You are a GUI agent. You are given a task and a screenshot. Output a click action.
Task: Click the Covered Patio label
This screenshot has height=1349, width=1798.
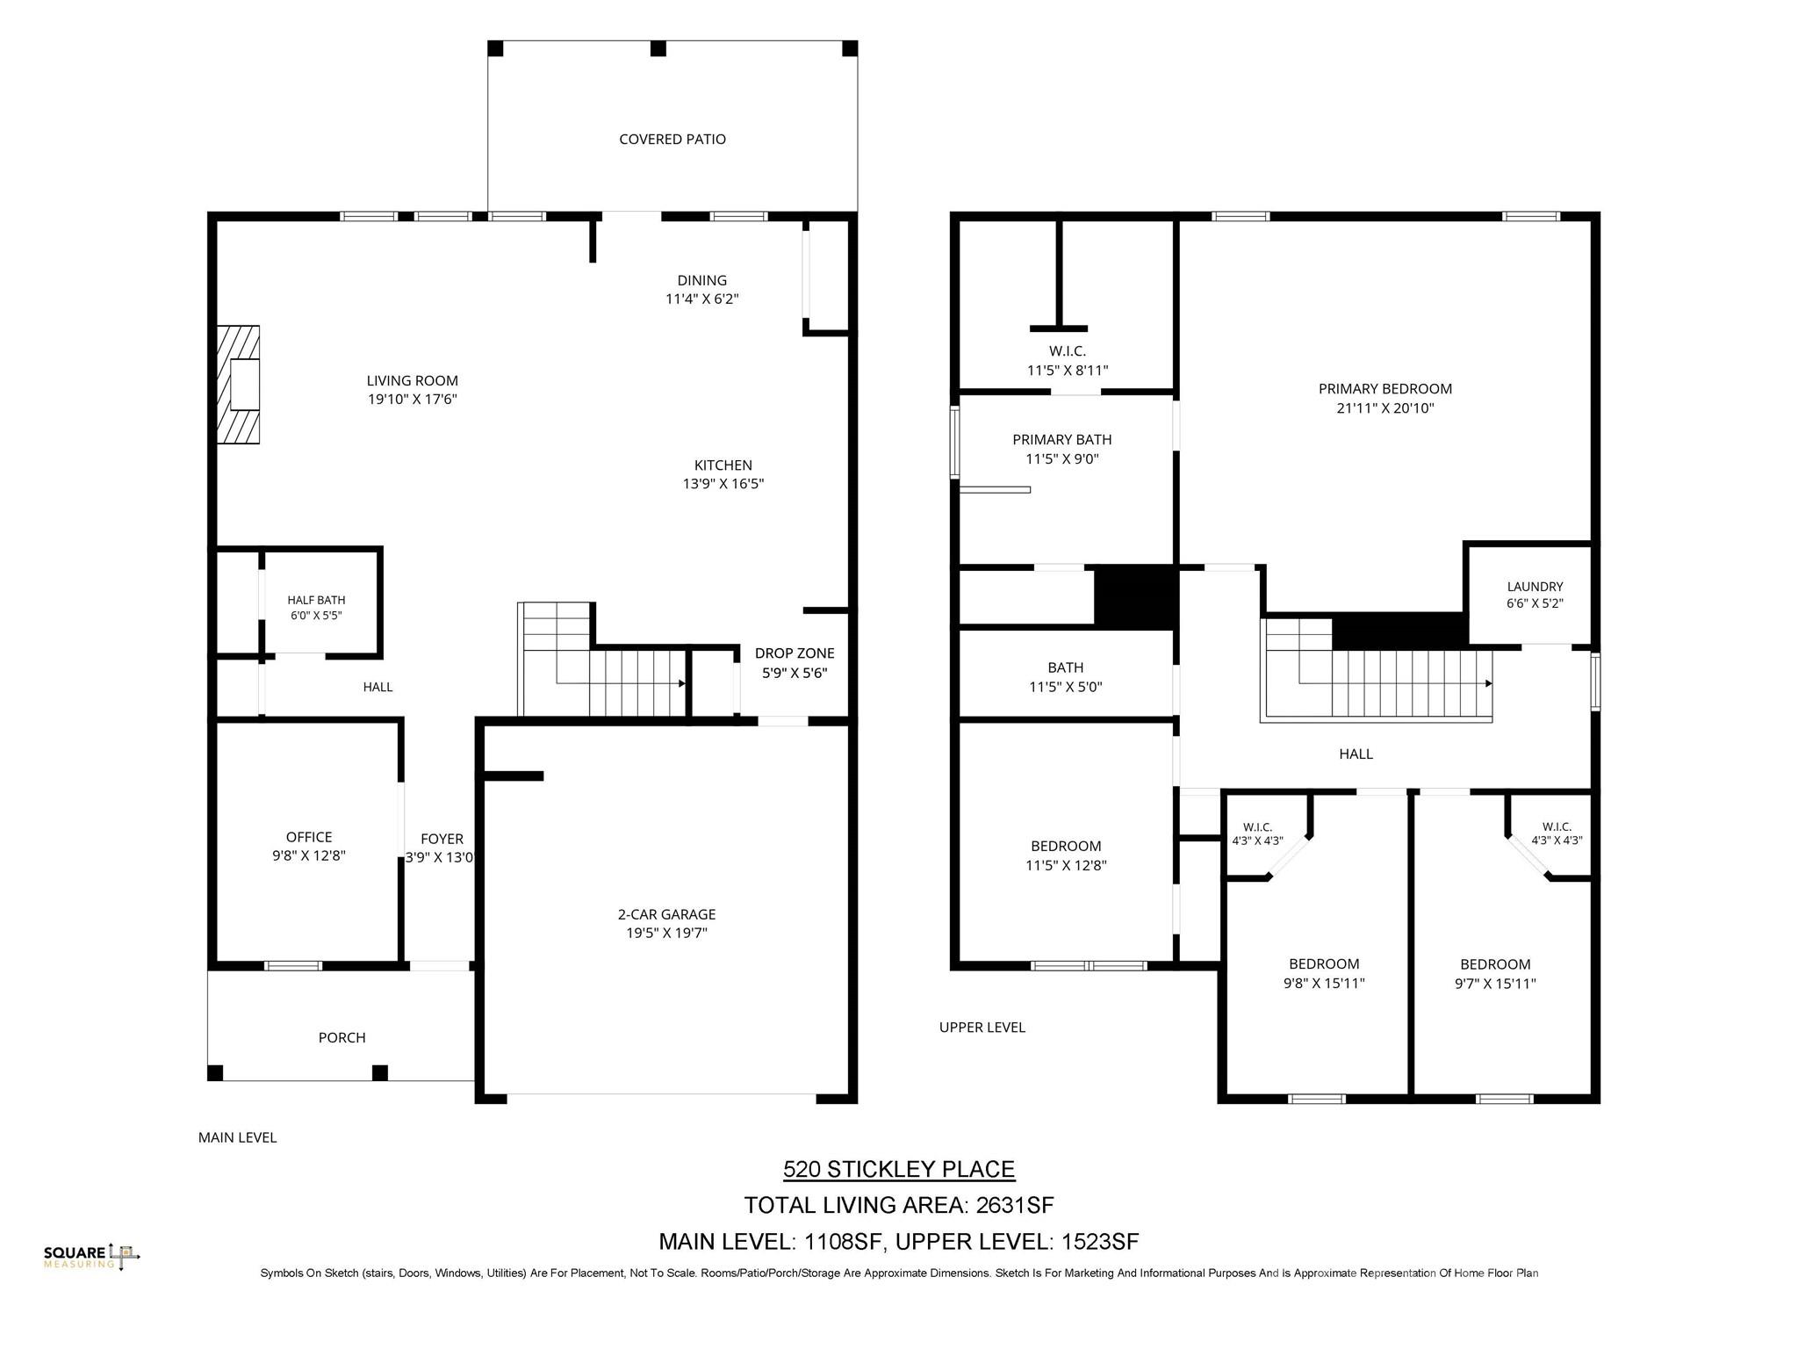[672, 139]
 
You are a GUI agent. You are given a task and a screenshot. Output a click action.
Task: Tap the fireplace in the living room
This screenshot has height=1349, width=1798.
[239, 385]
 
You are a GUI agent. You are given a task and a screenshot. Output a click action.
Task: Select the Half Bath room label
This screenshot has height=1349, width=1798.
[316, 600]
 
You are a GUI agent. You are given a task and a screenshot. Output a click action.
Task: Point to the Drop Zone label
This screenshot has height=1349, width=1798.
[795, 653]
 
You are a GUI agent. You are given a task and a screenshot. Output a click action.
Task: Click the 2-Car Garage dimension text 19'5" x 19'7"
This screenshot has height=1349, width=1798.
[667, 933]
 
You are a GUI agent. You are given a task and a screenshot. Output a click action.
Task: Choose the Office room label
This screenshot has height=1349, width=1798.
[309, 837]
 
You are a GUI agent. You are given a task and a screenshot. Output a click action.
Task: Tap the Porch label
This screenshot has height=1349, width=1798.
[342, 1037]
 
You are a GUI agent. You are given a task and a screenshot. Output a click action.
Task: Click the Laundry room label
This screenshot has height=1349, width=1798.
[1535, 587]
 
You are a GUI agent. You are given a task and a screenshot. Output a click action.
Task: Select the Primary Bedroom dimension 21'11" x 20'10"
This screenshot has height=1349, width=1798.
[1385, 408]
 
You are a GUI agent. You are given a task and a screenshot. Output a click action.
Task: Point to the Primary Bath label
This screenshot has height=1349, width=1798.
[1062, 439]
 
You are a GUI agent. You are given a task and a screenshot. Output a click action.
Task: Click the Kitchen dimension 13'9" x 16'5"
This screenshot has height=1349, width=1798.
[723, 484]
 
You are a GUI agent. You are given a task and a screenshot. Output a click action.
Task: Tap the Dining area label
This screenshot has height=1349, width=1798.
[702, 280]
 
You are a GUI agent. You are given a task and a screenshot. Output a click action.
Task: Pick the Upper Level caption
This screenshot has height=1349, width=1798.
[982, 1027]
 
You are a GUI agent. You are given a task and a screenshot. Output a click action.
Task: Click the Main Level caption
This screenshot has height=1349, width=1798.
[237, 1137]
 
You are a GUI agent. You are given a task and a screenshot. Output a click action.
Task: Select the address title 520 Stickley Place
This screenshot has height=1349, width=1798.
[899, 1169]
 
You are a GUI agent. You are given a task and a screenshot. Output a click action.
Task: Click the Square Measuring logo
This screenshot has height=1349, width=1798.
[92, 1257]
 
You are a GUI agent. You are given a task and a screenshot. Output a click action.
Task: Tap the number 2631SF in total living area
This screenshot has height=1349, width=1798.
[1015, 1205]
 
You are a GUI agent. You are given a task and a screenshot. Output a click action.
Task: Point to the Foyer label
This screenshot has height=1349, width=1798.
[442, 839]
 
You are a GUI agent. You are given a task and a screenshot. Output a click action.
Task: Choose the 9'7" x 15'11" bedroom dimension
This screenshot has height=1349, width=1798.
[1495, 984]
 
